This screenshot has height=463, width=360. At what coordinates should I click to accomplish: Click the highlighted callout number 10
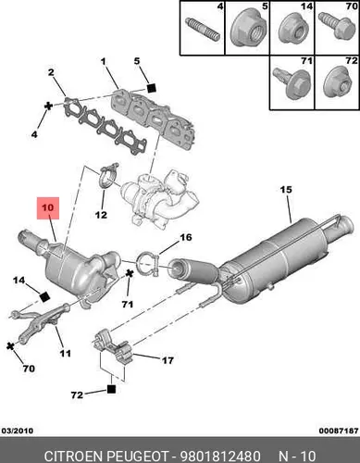click(48, 207)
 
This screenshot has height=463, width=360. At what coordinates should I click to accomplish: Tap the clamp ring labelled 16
click(148, 264)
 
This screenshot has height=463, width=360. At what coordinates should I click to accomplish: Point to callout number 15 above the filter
click(286, 189)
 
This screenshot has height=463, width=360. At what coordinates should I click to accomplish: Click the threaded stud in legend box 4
click(203, 30)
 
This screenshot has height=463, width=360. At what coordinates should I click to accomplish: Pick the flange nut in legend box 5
click(247, 31)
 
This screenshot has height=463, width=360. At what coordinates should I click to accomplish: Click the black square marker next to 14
click(44, 297)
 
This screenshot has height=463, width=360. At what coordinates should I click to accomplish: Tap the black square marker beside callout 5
click(151, 88)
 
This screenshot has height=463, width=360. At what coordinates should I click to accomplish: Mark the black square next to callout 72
click(111, 389)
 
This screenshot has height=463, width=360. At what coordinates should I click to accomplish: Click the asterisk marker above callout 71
click(130, 273)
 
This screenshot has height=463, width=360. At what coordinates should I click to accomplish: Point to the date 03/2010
click(18, 431)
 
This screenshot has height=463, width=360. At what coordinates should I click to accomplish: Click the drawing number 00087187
click(339, 431)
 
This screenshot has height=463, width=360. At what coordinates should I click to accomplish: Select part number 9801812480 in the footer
click(220, 456)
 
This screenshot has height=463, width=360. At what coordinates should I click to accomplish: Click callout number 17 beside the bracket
click(168, 360)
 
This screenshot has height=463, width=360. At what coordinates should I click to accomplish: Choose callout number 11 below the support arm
click(65, 353)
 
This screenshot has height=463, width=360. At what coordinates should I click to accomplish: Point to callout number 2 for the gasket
click(51, 72)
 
